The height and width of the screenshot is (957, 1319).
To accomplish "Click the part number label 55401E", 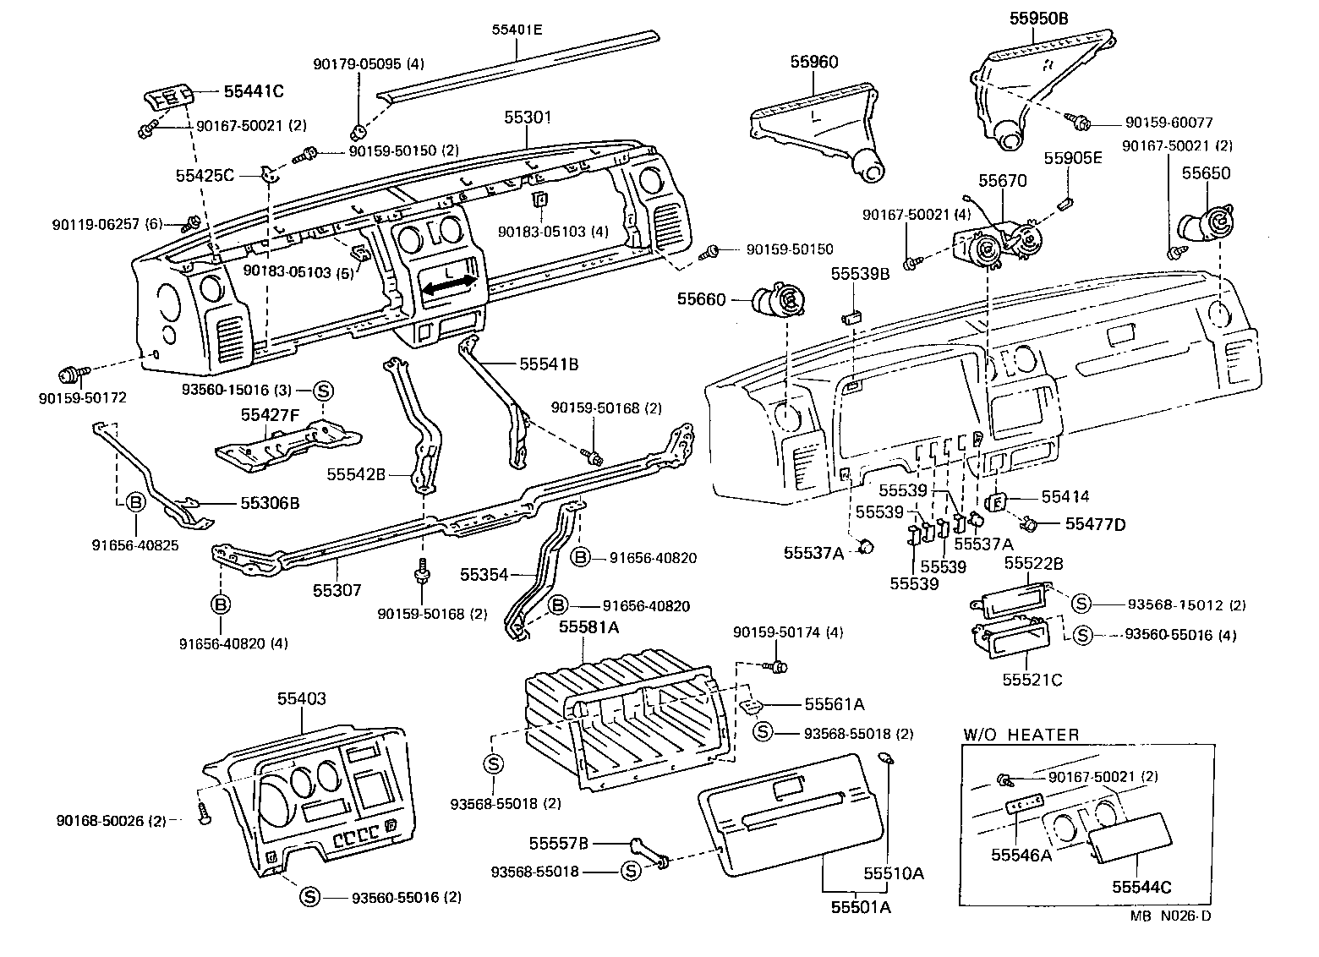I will pyautogui.click(x=517, y=30).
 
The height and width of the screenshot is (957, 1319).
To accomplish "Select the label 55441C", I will pyautogui.click(x=254, y=90).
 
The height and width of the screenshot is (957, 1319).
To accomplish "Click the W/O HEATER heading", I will pyautogui.click(x=1021, y=735).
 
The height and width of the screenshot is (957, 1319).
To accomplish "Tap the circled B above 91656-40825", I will pyautogui.click(x=134, y=503).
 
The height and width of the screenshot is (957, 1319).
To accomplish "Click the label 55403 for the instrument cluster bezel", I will pyautogui.click(x=302, y=698).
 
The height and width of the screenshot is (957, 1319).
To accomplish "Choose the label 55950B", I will pyautogui.click(x=1038, y=17).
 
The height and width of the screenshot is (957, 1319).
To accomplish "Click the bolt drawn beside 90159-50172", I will pyautogui.click(x=68, y=374).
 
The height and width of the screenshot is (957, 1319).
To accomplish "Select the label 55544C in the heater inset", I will pyautogui.click(x=1141, y=887).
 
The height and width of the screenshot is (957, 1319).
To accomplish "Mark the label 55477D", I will pyautogui.click(x=1095, y=524).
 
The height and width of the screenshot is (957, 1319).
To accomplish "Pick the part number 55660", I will pyautogui.click(x=701, y=299).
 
